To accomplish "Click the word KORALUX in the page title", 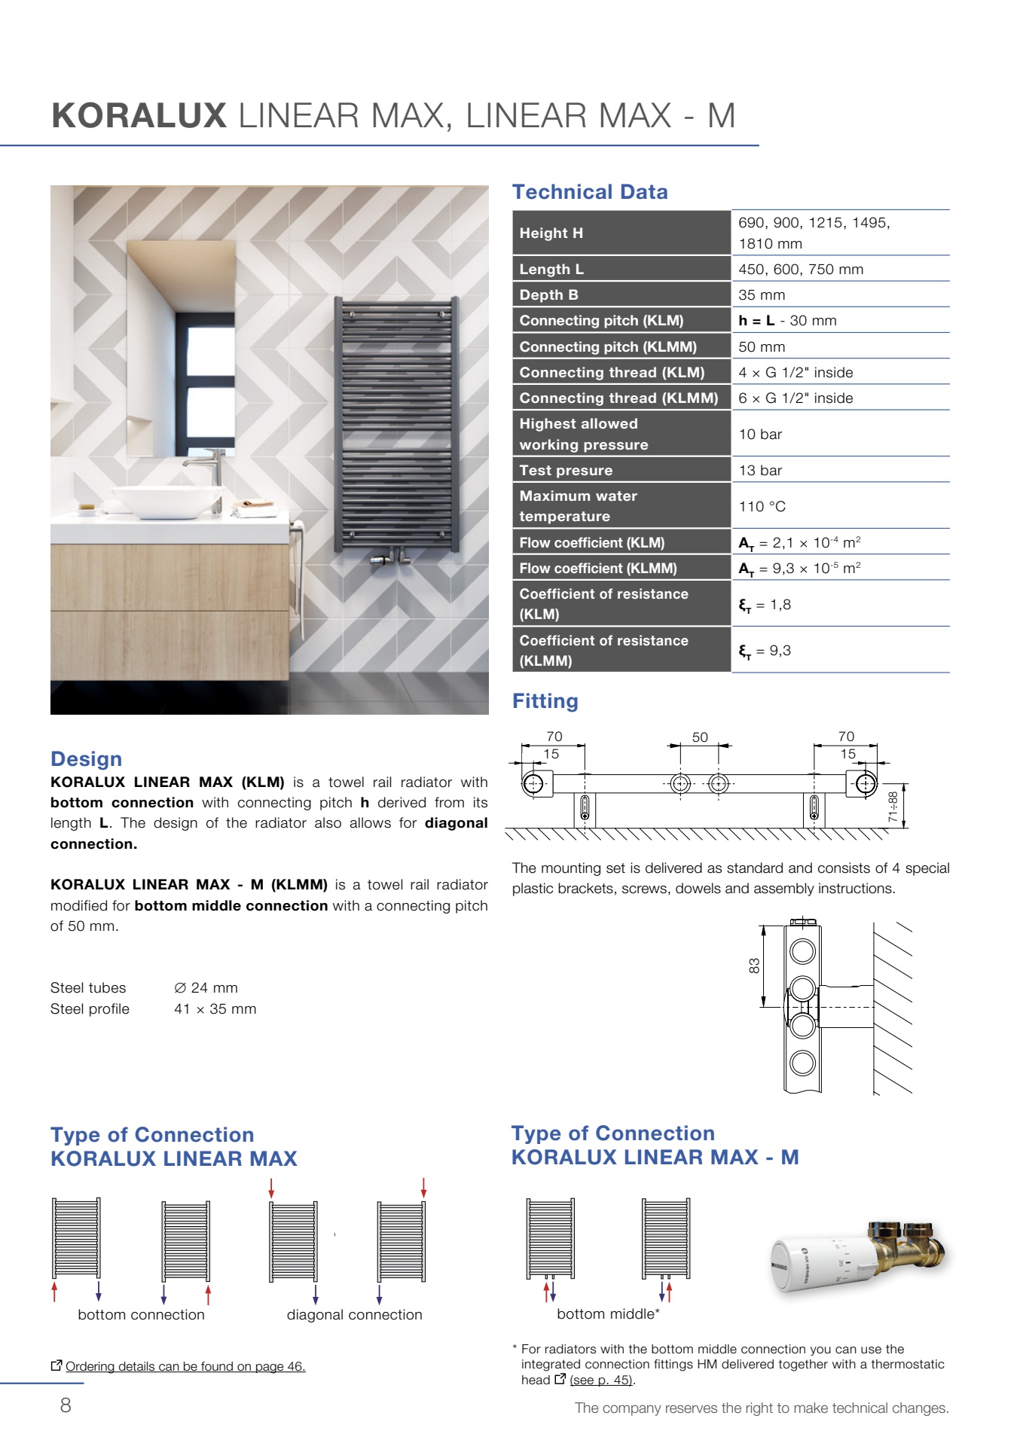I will [139, 116].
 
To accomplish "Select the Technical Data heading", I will [590, 192].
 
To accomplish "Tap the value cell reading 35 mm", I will [762, 295].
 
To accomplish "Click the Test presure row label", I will [566, 471].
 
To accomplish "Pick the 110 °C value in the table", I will [762, 507].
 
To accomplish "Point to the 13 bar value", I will [760, 471].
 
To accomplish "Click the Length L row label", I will [551, 270].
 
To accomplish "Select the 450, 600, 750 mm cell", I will [801, 270].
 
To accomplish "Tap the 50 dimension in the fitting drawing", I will [700, 737].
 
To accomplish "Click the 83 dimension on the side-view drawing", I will [754, 966].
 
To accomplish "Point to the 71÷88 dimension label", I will [893, 806].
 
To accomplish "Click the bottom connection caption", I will [141, 1315].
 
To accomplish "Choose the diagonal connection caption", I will [354, 1315].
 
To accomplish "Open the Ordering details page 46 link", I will [185, 1366].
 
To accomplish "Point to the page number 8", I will [66, 1405].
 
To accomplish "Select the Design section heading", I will [86, 759].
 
